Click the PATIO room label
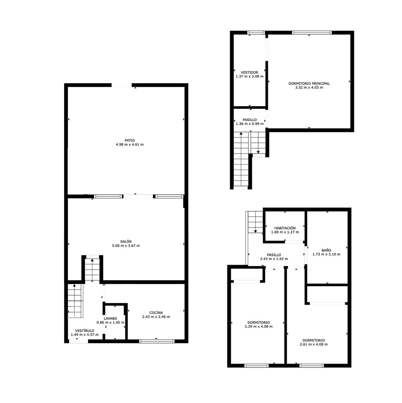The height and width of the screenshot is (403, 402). coord(130,140)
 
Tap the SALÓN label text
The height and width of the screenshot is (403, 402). coord(126,242)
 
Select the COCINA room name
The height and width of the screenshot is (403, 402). coord(156,313)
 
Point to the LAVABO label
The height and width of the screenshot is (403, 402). coord(110,318)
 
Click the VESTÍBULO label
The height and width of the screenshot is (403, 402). coord(85,331)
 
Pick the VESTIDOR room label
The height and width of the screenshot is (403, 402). coord(250,73)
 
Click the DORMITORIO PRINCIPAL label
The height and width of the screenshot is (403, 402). coord(309,84)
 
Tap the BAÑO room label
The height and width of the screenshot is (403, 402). coord(326,250)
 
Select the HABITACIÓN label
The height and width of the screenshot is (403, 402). coord(285,228)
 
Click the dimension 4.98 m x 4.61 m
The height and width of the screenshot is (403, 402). coord(130,145)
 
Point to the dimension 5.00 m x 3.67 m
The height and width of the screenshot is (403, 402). coord(126,246)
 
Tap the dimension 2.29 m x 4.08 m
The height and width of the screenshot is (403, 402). coord(259,327)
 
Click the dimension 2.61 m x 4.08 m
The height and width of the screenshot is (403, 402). coord(314,344)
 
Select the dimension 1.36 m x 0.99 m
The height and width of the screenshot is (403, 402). coord(250,124)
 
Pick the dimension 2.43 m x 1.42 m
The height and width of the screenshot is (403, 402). coord(274,259)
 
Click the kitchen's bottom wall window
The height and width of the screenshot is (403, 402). coord(157,341)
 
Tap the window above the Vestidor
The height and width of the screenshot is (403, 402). coord(256,33)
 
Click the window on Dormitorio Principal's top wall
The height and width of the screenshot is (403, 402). coord(312,33)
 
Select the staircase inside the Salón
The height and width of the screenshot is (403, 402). coord(92,269)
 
